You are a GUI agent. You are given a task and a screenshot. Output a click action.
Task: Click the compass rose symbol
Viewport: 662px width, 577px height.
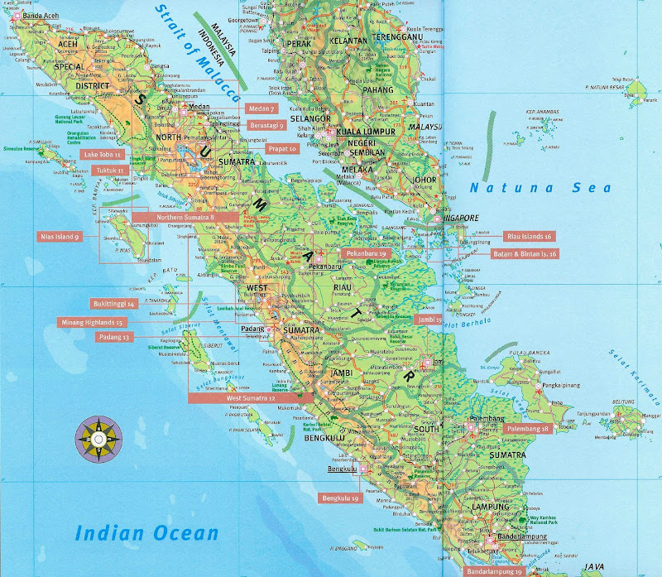98,436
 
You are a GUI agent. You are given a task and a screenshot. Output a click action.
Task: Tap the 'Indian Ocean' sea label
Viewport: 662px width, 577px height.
146,532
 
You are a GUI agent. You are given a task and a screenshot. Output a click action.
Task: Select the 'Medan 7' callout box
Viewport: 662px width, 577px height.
261,108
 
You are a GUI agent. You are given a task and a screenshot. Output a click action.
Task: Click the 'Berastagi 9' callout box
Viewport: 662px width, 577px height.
266,125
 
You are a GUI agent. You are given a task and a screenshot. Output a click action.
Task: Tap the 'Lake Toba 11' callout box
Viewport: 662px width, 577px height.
104,155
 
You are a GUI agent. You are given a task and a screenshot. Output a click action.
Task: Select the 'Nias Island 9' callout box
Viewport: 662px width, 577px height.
60,237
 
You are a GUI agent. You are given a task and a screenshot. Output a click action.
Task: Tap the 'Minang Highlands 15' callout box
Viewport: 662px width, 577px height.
92,322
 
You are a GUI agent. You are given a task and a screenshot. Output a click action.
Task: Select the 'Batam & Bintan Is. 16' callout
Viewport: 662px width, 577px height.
525,253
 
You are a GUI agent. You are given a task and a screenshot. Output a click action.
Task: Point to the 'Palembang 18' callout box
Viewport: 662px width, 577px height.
528,429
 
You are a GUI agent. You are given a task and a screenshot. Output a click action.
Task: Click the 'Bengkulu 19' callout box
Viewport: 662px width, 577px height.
340,498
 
